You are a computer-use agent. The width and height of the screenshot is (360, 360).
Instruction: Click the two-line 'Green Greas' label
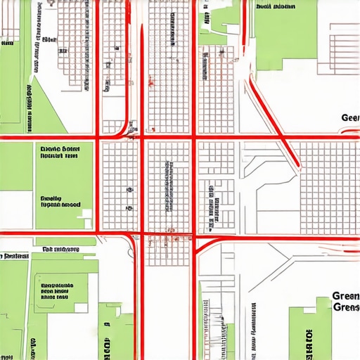[345, 302]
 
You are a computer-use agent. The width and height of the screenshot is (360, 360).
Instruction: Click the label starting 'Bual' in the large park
[275, 7]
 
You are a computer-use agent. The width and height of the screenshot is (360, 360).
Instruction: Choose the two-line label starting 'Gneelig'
[60, 202]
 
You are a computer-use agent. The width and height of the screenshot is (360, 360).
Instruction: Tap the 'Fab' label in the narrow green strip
[60, 249]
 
